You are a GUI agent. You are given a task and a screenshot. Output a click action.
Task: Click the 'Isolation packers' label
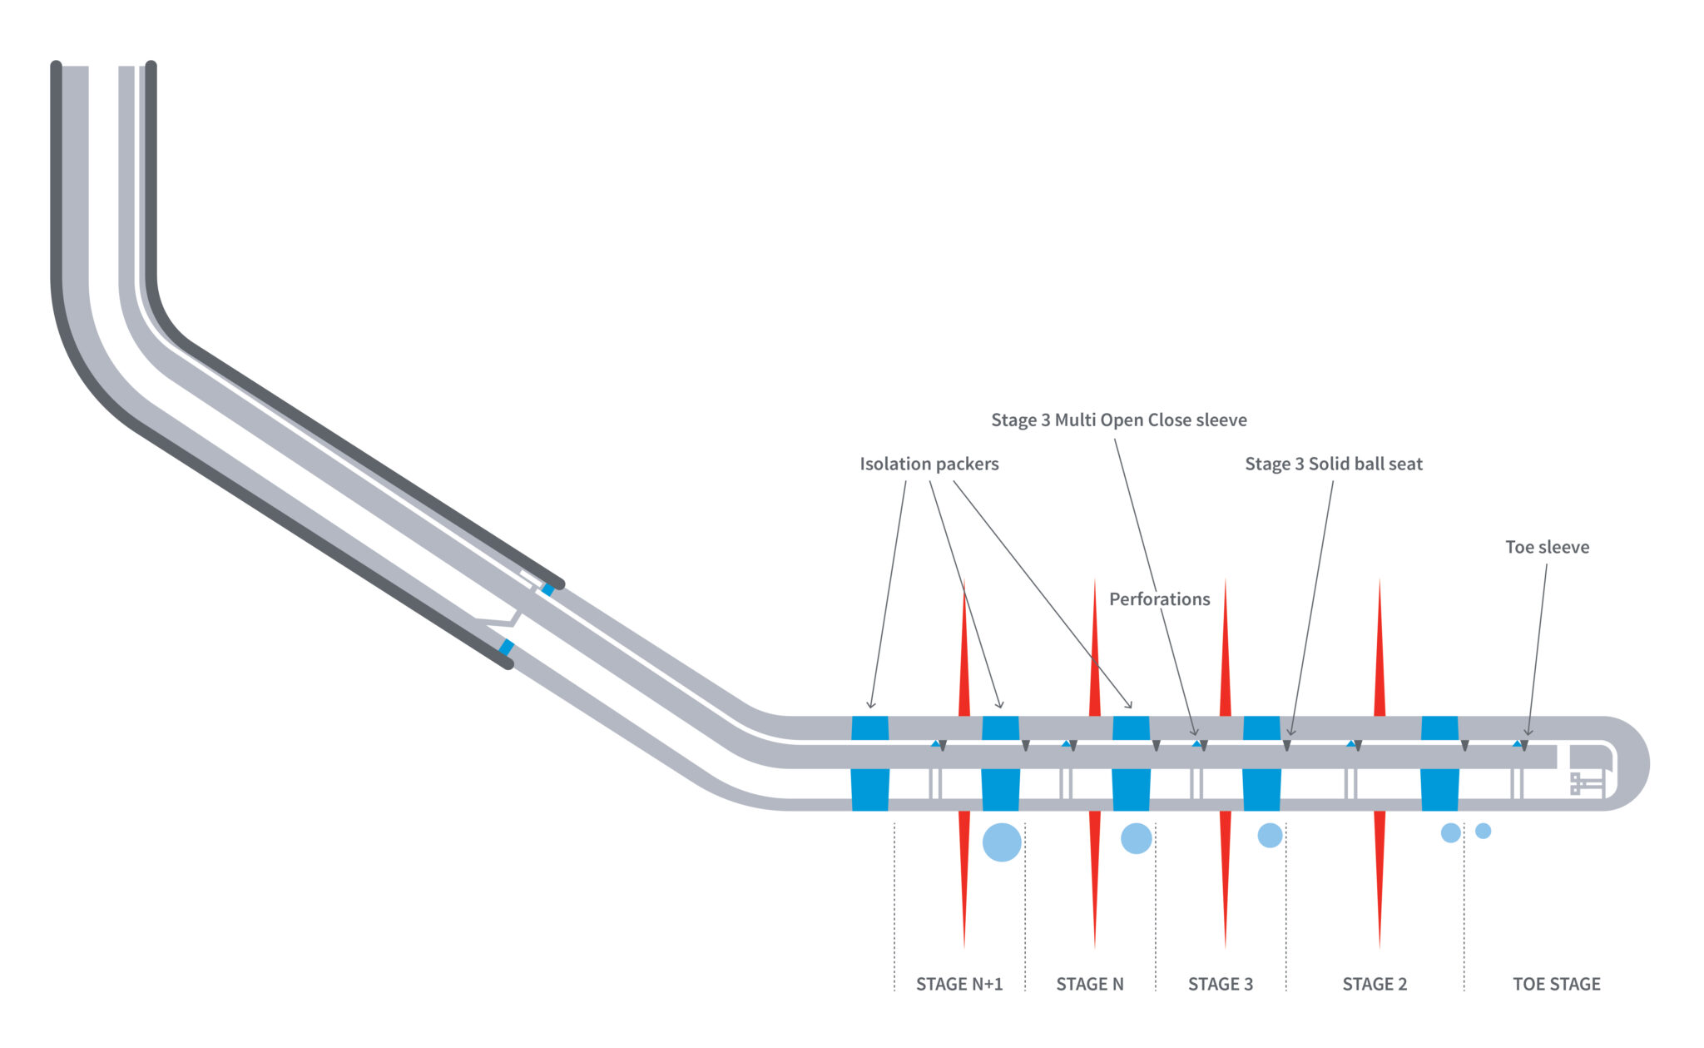pyautogui.click(x=929, y=464)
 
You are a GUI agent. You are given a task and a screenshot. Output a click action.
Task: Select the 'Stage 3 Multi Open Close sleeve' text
pyautogui.click(x=1118, y=420)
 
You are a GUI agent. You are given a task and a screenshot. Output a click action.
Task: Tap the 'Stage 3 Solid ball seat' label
pyautogui.click(x=1333, y=464)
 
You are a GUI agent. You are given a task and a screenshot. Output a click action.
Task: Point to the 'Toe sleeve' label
pyautogui.click(x=1547, y=547)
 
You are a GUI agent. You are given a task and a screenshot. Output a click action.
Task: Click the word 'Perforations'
pyautogui.click(x=1159, y=599)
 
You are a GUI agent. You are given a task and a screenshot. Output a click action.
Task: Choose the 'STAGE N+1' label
pyautogui.click(x=958, y=984)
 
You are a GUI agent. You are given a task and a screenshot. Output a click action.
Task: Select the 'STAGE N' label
pyautogui.click(x=1089, y=984)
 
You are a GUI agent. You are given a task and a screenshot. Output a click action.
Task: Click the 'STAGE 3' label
pyautogui.click(x=1220, y=984)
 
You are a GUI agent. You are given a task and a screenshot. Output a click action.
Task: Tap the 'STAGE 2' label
pyautogui.click(x=1375, y=984)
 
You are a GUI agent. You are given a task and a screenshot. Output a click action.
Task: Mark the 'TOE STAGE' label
pyautogui.click(x=1556, y=984)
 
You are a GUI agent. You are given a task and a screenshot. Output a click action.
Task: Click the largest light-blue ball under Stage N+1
pyautogui.click(x=1002, y=842)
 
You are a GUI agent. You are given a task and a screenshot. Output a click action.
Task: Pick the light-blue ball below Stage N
pyautogui.click(x=1136, y=838)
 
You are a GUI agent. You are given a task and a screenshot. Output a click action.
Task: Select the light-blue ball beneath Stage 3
pyautogui.click(x=1270, y=835)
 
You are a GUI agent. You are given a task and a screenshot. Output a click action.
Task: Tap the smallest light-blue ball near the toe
pyautogui.click(x=1483, y=831)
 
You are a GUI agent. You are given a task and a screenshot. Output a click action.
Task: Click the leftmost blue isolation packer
pyautogui.click(x=870, y=763)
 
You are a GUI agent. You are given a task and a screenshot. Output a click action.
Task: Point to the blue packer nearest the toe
pyautogui.click(x=1439, y=763)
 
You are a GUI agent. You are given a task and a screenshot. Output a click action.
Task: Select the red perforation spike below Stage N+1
pyautogui.click(x=964, y=874)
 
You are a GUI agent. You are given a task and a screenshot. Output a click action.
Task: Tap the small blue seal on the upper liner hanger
pyautogui.click(x=547, y=589)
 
